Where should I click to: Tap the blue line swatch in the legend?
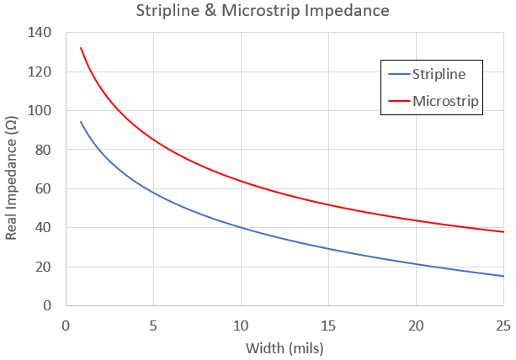click(x=396, y=74)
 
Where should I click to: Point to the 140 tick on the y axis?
click(x=40, y=33)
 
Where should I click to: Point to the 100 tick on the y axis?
click(x=40, y=111)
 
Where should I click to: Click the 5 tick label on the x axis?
click(x=153, y=325)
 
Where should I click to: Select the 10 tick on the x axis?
click(x=241, y=325)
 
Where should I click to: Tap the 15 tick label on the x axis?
click(x=328, y=325)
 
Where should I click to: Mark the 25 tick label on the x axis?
click(x=503, y=325)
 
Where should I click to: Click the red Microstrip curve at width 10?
click(x=241, y=181)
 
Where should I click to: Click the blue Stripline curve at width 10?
click(x=241, y=227)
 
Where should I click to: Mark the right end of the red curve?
click(x=503, y=231)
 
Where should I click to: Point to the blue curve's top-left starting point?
click(x=81, y=122)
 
